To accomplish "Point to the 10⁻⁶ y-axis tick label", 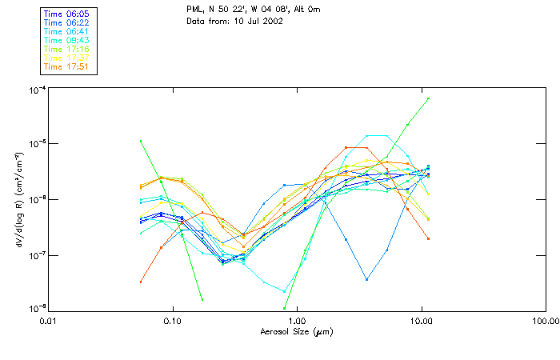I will [37, 198].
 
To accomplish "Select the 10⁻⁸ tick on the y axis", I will [37, 308].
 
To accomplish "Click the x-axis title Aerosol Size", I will [296, 331].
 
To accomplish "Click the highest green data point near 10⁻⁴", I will [429, 98].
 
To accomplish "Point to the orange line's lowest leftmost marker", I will [141, 282].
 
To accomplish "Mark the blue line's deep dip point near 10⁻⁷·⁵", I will [366, 279].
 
